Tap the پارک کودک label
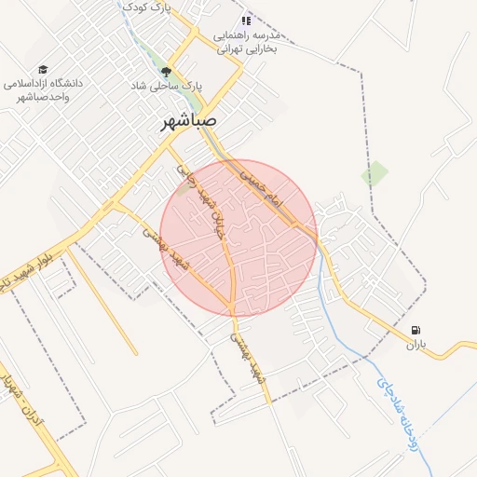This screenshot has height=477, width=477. (150, 8)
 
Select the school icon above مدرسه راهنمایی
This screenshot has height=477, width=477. (246, 20)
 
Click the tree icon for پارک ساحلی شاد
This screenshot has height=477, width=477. (167, 72)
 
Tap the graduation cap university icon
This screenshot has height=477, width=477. (43, 70)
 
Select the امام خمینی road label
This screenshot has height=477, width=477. (260, 186)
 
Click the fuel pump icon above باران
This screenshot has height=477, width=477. (416, 330)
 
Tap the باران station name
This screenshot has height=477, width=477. (415, 345)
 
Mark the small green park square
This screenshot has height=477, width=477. (375, 172)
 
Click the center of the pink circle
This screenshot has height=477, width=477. (238, 238)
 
